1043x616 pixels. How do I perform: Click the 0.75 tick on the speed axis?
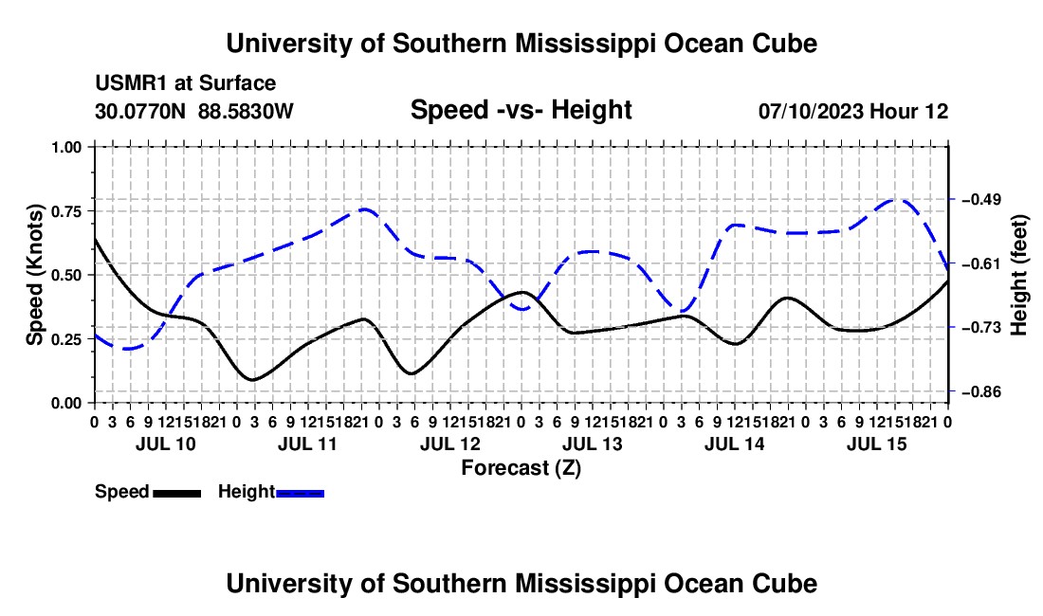point(92,211)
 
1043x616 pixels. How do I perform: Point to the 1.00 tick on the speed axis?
point(92,147)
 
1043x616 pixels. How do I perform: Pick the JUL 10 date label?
point(166,444)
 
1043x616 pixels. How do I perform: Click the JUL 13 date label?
point(592,444)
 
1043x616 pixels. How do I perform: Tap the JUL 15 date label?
point(876,444)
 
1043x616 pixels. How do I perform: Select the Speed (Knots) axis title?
point(34,275)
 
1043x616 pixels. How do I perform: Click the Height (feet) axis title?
point(1018,275)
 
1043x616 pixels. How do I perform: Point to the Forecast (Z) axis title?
point(521,468)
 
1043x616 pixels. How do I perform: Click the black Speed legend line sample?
point(177,493)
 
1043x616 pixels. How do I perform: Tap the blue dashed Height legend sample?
point(300,493)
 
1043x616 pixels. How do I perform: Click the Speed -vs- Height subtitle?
point(521,110)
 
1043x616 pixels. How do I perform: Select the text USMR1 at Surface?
point(186,83)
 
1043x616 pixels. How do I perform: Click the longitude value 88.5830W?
point(246,111)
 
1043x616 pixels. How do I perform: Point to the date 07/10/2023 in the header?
point(812,111)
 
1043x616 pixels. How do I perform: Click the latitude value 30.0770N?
point(140,111)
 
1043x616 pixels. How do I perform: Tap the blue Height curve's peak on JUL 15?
point(898,199)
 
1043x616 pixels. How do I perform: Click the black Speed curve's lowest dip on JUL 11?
point(252,380)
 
